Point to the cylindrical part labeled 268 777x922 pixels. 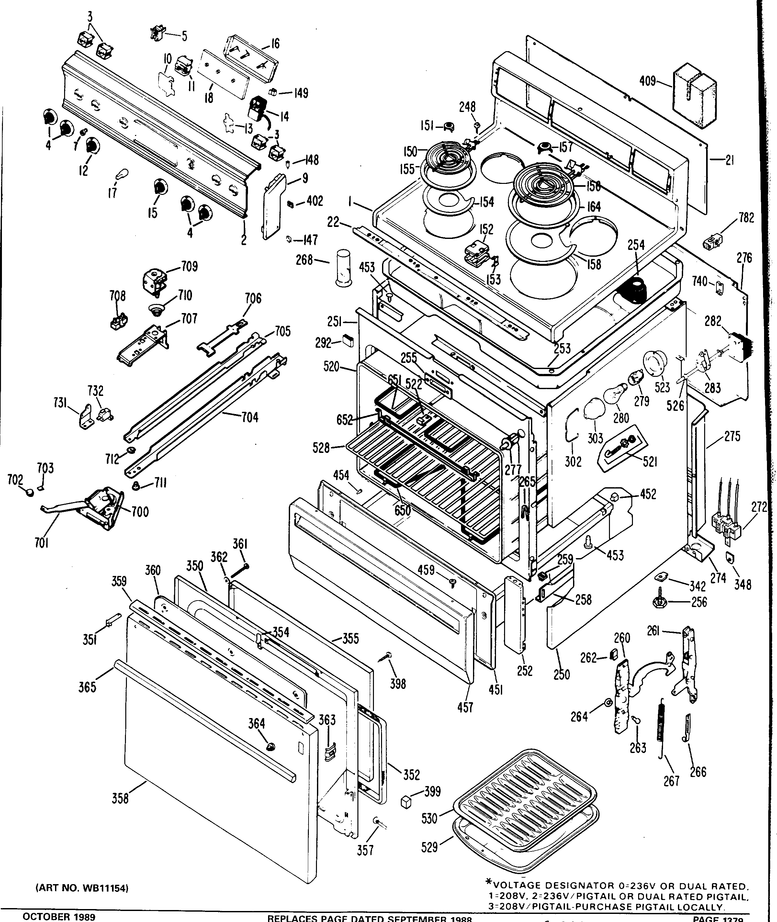coord(344,268)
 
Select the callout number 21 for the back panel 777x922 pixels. coord(729,161)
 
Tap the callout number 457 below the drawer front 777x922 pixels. coord(465,707)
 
